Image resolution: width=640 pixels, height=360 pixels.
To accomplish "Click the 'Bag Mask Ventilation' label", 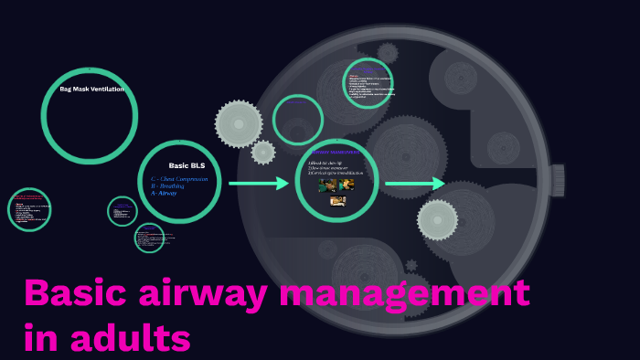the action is click(x=91, y=89).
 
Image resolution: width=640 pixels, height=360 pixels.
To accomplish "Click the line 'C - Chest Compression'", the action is click(x=180, y=179).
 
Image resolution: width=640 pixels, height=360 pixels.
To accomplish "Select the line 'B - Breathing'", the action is click(x=167, y=186).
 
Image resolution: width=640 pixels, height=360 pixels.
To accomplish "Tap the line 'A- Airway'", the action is click(x=165, y=194).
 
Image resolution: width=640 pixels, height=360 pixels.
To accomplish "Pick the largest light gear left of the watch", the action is click(x=239, y=123).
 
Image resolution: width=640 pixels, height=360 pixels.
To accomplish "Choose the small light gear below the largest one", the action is click(x=263, y=152).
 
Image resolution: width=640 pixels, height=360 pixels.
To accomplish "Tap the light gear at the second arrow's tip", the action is click(x=438, y=219).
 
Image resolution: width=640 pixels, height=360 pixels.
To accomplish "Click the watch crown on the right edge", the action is click(x=557, y=180).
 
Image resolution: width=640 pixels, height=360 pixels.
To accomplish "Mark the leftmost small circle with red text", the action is click(x=29, y=209).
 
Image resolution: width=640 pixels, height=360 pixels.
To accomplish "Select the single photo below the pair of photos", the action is click(x=337, y=201).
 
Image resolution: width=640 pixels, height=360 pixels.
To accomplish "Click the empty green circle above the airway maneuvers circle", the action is click(x=298, y=120).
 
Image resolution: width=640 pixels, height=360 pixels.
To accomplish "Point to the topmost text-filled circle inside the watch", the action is click(x=368, y=84).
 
